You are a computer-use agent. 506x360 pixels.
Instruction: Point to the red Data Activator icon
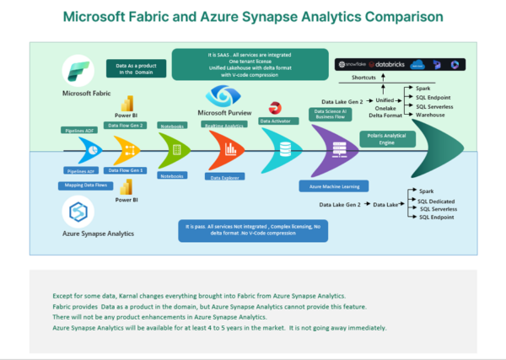click(x=275, y=108)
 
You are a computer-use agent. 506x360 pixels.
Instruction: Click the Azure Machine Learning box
click(x=332, y=184)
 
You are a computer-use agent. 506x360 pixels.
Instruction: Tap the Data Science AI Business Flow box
click(x=331, y=115)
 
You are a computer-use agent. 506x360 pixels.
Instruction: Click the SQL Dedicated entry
click(x=437, y=201)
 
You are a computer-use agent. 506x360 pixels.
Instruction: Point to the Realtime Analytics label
click(x=224, y=125)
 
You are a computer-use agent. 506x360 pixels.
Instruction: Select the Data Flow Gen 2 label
click(x=131, y=125)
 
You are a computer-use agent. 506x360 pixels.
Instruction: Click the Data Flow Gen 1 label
click(x=131, y=170)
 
